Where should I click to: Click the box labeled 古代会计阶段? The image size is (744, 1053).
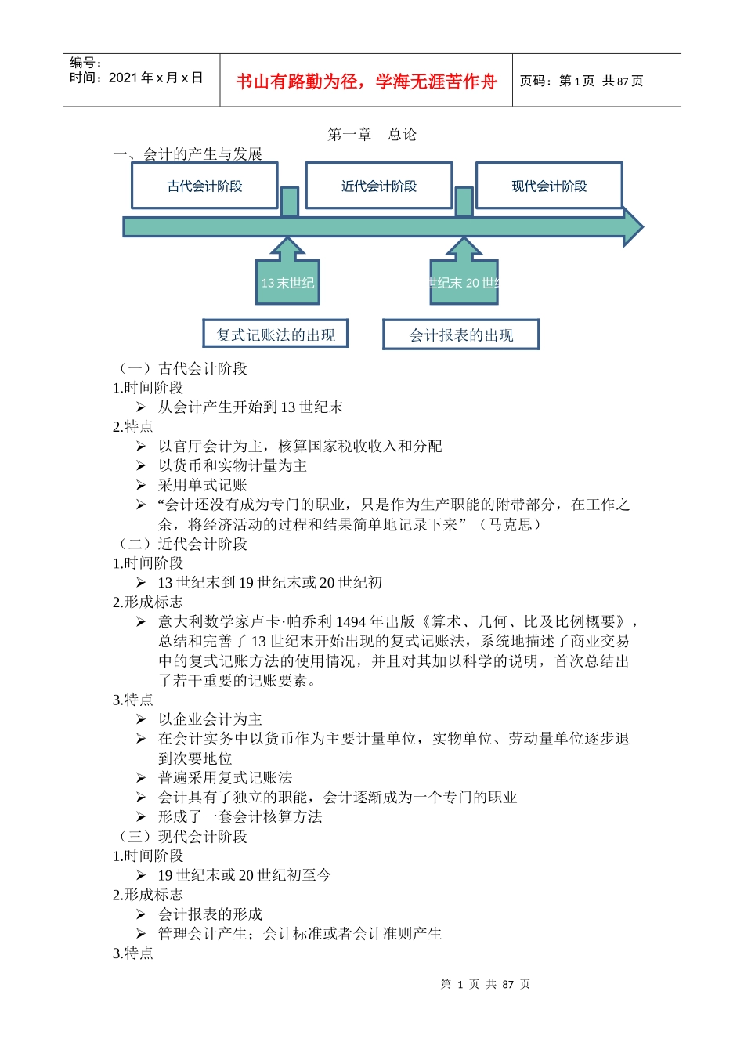[x=204, y=186]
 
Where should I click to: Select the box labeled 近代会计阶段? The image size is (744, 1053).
[x=378, y=186]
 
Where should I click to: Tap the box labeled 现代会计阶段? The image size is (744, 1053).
[x=549, y=186]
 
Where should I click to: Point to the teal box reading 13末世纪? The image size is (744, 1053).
[x=287, y=283]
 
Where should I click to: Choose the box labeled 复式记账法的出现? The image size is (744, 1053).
[x=275, y=335]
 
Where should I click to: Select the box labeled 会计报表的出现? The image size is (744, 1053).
[x=460, y=335]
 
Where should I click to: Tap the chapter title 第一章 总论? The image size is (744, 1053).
[x=372, y=135]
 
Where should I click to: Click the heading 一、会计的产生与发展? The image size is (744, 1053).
[x=187, y=154]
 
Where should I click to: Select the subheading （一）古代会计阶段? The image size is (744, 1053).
[x=181, y=368]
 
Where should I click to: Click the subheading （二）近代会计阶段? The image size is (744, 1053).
[x=181, y=544]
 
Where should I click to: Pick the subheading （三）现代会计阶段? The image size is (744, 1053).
[x=181, y=836]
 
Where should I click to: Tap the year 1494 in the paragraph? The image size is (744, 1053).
[x=350, y=622]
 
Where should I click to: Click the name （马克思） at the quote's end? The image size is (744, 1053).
[x=510, y=524]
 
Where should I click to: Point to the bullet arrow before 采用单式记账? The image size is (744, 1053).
[x=141, y=485]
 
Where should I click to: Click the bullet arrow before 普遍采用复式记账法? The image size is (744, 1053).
[x=141, y=778]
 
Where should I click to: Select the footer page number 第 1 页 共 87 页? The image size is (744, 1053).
[x=486, y=985]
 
